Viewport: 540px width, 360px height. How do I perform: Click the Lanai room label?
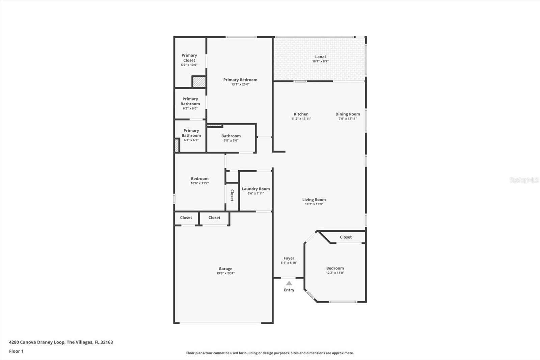click(x=320, y=57)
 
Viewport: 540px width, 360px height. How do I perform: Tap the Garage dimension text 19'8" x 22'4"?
click(x=225, y=273)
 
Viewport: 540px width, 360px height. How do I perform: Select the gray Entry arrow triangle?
click(x=289, y=283)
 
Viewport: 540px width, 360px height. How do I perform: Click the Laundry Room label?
click(x=256, y=189)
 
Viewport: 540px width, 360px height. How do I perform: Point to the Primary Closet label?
click(x=189, y=58)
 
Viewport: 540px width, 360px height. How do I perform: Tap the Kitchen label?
click(x=301, y=114)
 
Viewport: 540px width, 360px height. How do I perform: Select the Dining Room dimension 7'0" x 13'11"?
click(x=348, y=119)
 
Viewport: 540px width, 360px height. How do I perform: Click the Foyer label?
click(x=289, y=258)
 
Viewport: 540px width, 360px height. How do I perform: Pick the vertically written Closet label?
click(x=232, y=195)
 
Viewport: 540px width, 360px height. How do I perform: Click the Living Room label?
click(x=314, y=200)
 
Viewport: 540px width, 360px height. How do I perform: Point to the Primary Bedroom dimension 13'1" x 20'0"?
click(x=240, y=84)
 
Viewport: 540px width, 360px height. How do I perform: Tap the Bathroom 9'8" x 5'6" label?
click(x=231, y=136)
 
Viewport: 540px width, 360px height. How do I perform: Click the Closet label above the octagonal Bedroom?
click(x=346, y=237)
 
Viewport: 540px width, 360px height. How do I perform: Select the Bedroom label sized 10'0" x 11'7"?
click(x=200, y=179)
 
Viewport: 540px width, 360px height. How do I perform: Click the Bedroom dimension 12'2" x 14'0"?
click(x=335, y=273)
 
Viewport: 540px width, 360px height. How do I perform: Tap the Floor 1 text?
click(x=16, y=351)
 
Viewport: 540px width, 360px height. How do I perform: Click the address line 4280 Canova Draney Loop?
click(x=61, y=342)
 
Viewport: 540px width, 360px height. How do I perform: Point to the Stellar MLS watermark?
click(x=524, y=180)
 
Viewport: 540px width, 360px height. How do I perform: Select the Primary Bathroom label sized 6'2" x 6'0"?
click(x=190, y=101)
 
